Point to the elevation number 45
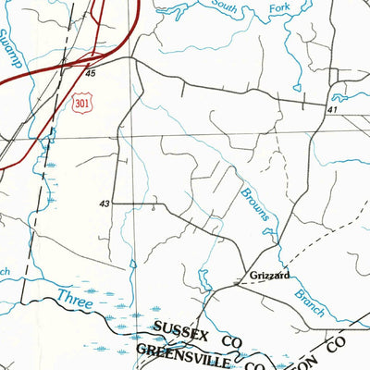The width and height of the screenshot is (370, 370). tap(90, 72)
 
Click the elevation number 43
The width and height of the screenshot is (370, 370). tap(105, 203)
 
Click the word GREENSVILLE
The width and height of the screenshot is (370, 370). tap(181, 350)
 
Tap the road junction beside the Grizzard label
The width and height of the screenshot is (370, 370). tap(238, 283)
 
